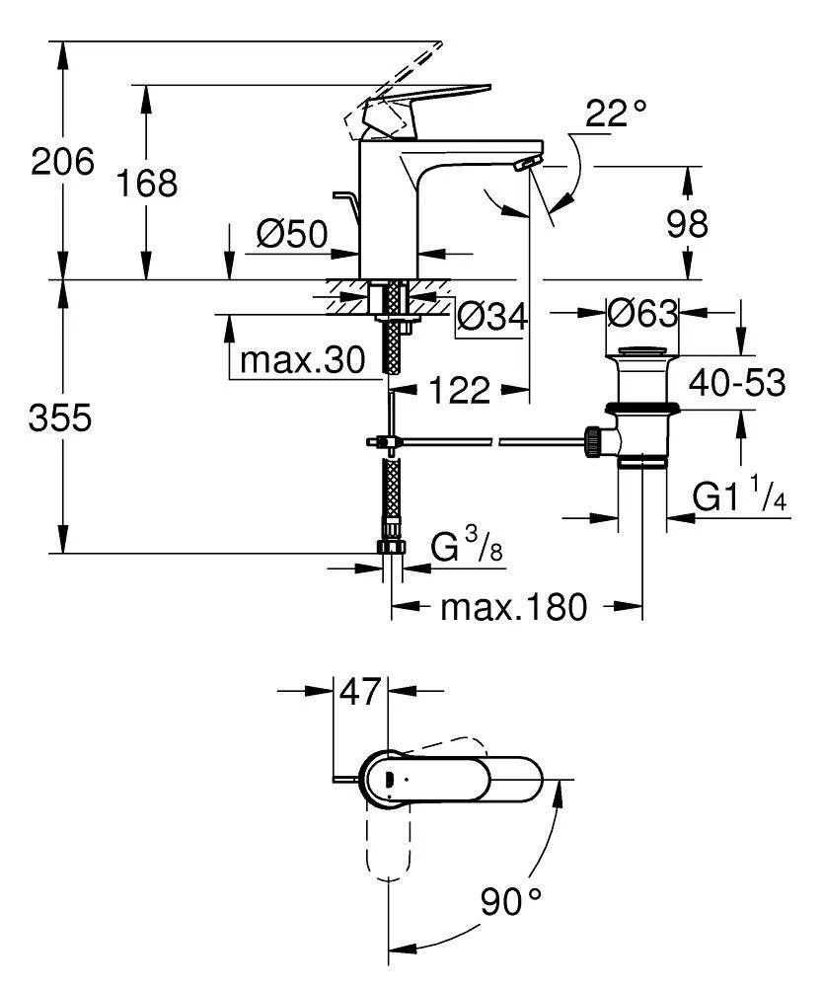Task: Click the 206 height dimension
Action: click(62, 161)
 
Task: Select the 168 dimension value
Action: click(147, 183)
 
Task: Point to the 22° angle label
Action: click(615, 114)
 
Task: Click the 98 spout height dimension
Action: click(687, 224)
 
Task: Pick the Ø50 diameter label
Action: click(291, 234)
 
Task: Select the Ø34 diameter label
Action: click(491, 317)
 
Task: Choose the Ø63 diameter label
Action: click(642, 314)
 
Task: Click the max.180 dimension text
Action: click(513, 606)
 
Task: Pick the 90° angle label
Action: click(512, 899)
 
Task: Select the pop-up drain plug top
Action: click(642, 351)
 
